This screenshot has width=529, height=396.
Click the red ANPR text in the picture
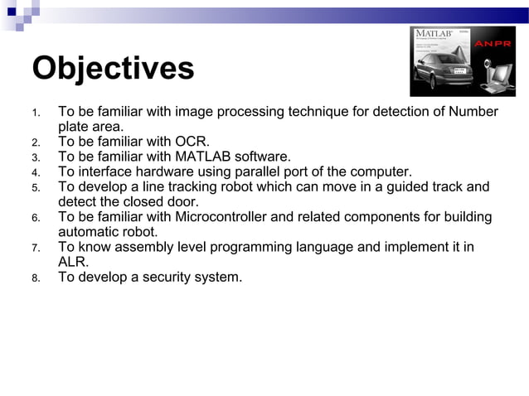(x=496, y=44)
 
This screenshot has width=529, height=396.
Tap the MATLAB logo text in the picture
(x=435, y=34)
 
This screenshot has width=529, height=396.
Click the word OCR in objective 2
(x=191, y=142)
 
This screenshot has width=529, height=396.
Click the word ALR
(x=72, y=262)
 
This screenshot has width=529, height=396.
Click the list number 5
(x=36, y=188)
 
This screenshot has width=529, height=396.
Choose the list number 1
(x=36, y=113)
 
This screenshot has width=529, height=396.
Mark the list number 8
(x=36, y=278)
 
